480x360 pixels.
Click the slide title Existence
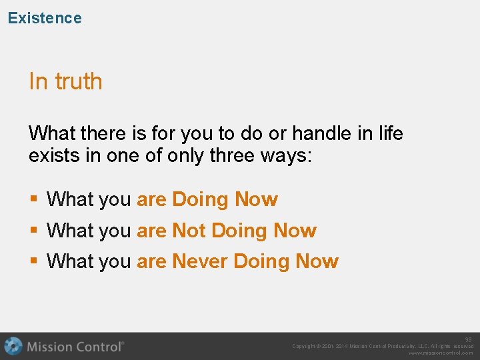pos(45,18)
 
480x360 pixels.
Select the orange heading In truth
pos(65,81)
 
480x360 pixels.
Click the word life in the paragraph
pos(390,133)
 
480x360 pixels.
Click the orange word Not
pos(188,231)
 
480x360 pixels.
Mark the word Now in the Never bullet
pos(317,261)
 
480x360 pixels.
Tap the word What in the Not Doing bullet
pos(70,231)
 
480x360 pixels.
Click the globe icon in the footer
pos(13,346)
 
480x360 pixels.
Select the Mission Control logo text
pos(75,347)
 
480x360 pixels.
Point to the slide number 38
pos(468,339)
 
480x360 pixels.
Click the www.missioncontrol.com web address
pos(441,353)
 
